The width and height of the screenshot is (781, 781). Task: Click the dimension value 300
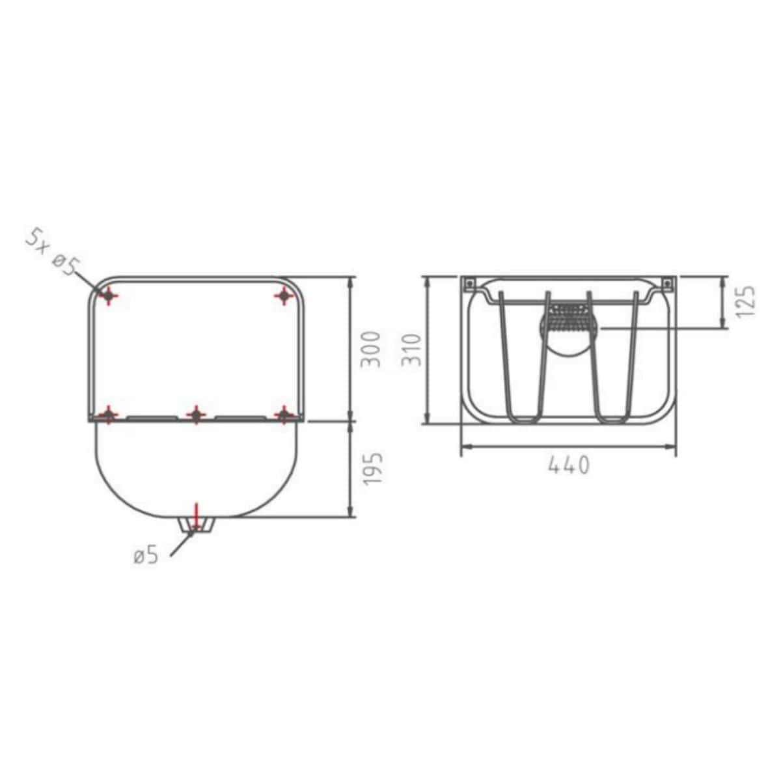(x=370, y=349)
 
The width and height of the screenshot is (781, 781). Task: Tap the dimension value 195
(x=372, y=469)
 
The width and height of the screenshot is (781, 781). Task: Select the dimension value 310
(x=411, y=349)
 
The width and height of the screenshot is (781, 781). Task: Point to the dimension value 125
(x=745, y=301)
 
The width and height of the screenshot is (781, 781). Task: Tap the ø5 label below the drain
(x=146, y=556)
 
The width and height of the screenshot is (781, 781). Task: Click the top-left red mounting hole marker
(x=108, y=296)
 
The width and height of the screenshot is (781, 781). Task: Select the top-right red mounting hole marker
(x=284, y=296)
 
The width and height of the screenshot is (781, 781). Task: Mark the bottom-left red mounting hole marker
(x=109, y=415)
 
